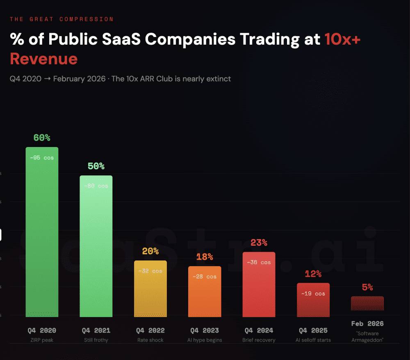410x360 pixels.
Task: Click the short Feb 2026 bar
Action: (367, 303)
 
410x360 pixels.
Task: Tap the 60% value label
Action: (42, 138)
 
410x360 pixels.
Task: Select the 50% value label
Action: (96, 166)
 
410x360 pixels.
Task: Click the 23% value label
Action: (259, 242)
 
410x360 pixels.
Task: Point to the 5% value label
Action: (367, 288)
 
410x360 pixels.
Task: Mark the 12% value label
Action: (313, 274)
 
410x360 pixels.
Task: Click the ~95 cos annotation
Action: (42, 158)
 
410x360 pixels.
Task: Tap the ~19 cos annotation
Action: (313, 294)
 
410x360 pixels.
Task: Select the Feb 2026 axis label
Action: (367, 324)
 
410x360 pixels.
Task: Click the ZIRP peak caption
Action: (42, 340)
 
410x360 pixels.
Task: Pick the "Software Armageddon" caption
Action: (367, 337)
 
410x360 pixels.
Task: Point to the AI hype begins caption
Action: (205, 340)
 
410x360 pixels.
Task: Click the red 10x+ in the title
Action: (342, 39)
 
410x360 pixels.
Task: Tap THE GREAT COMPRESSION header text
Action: (61, 19)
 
